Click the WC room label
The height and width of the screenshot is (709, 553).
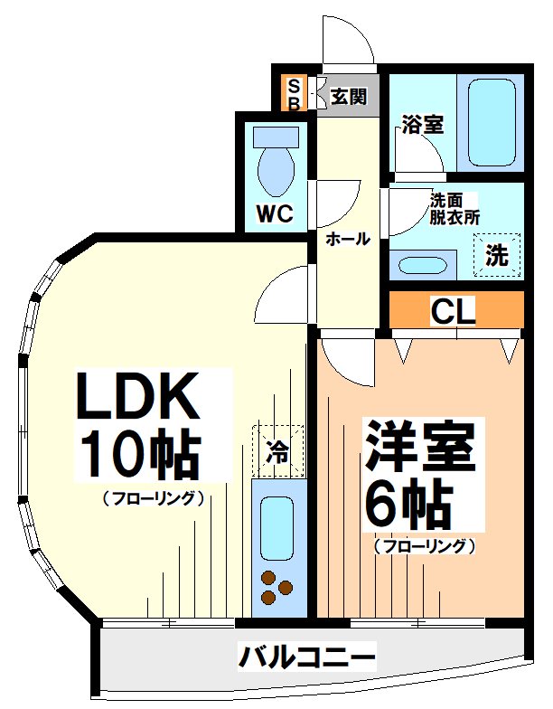pos(273,214)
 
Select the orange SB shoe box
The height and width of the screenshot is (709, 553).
pos(293,94)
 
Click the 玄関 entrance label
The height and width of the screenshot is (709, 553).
pos(347,97)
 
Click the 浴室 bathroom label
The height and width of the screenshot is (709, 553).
pos(421,124)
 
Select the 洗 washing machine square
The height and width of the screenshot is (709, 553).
pos(497,255)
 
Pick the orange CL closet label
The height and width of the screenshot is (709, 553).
pos(453,312)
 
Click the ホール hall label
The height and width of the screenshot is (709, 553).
pos(347,240)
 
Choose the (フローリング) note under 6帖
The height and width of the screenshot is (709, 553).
pos(423,546)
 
